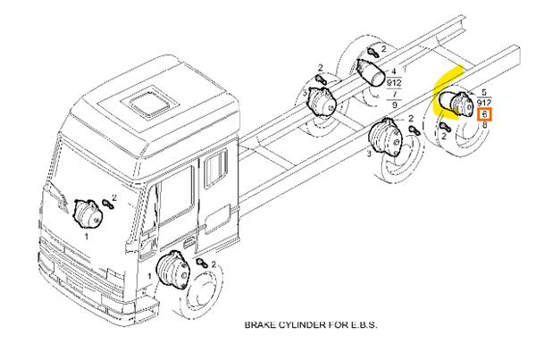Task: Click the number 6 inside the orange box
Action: (x=484, y=115)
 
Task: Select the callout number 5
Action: (x=483, y=93)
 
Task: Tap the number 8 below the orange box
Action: (x=484, y=126)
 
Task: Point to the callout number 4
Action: (x=395, y=60)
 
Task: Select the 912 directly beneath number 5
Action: (x=483, y=104)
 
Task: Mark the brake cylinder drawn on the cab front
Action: (x=88, y=214)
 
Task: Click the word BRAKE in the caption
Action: (x=261, y=325)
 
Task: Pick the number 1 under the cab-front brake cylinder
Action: (x=86, y=239)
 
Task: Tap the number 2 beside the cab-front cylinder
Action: (x=114, y=197)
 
